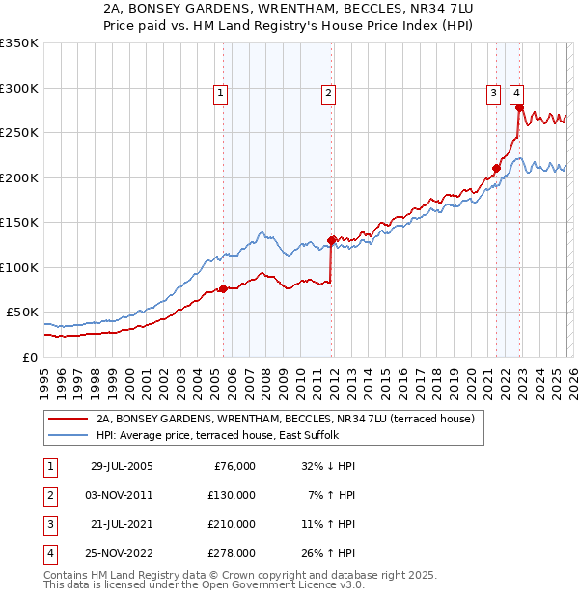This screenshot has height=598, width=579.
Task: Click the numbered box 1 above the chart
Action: [221, 94]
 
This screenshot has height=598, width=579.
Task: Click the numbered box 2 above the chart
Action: [328, 94]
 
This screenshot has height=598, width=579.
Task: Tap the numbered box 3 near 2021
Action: [493, 94]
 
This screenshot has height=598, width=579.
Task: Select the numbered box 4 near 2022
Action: [517, 94]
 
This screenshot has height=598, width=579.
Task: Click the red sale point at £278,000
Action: [519, 108]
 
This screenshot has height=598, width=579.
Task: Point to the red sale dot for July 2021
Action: [496, 168]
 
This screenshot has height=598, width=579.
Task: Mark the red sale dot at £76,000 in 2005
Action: [223, 288]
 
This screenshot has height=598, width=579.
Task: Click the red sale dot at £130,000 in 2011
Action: [331, 240]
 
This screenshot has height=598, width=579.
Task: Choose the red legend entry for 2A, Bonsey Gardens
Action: [285, 420]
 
